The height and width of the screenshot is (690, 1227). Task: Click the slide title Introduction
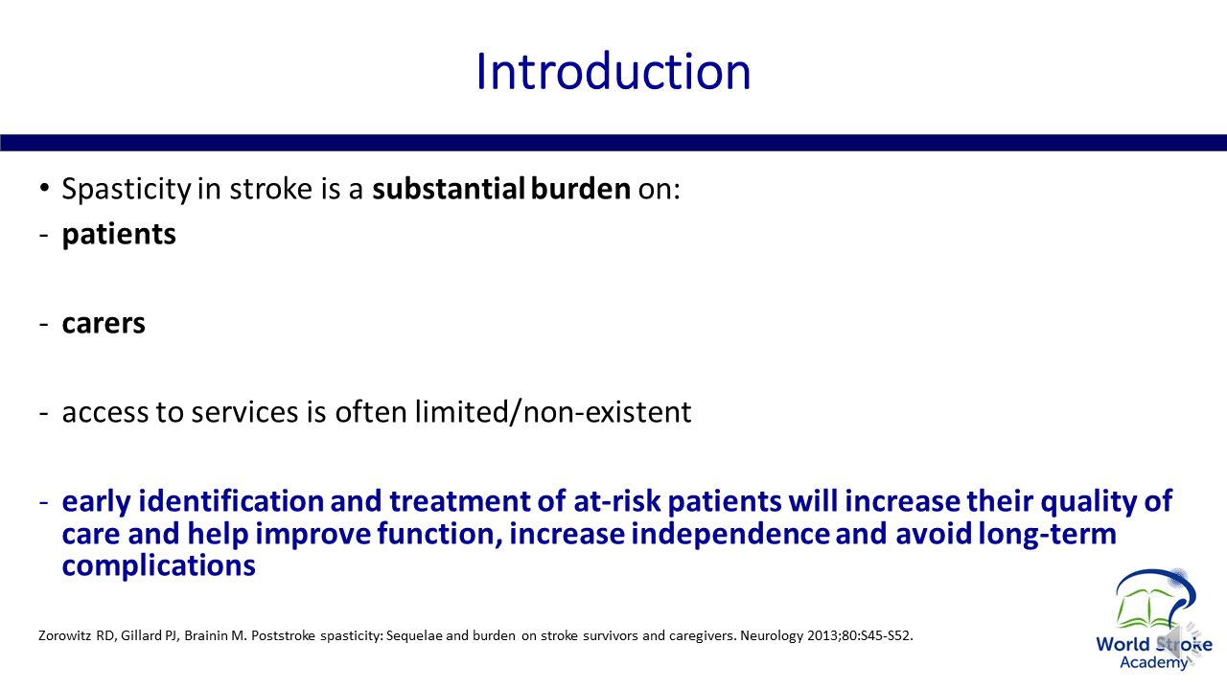coord(613,71)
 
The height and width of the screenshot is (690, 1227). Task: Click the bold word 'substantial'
coord(449,189)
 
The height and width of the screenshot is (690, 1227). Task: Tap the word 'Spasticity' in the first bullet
coord(126,190)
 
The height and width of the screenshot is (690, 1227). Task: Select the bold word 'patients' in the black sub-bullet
coord(119,235)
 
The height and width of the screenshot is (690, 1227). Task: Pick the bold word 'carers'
coord(104,323)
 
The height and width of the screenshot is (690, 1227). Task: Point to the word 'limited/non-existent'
coord(553,412)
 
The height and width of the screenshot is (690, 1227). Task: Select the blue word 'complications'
coord(159,565)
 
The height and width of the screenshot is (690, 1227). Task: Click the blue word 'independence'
coord(730,534)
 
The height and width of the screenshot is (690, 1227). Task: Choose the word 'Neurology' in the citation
coord(772,635)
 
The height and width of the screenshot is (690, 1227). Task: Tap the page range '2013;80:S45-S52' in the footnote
coord(858,635)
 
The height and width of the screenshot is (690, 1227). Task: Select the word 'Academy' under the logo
coord(1153,663)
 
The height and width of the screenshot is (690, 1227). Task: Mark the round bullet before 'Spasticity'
coord(44,189)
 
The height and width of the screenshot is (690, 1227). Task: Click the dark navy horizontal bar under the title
coord(613,143)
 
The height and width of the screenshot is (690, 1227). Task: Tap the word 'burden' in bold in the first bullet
coord(581,189)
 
